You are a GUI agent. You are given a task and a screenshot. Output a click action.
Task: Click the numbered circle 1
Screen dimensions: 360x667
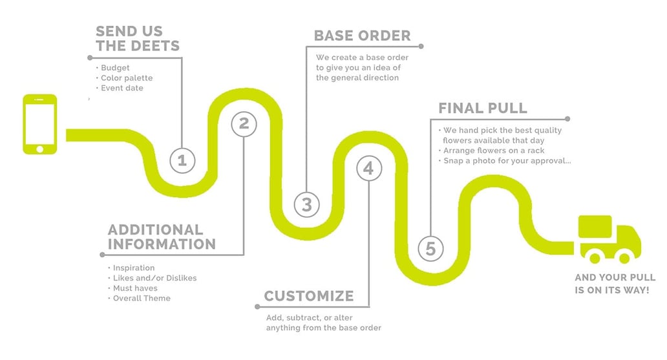click(182, 160)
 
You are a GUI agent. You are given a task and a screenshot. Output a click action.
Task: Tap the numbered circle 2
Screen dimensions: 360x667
click(244, 123)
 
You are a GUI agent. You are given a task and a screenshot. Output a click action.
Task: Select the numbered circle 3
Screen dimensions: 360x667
click(307, 205)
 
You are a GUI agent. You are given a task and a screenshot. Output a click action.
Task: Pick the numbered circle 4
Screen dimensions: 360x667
click(368, 169)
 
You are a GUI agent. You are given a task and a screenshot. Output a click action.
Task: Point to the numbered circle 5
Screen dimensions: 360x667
click(430, 248)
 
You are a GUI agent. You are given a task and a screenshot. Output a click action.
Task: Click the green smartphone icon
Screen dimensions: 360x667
click(39, 124)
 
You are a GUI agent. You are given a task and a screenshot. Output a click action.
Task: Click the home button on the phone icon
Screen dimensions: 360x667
click(39, 149)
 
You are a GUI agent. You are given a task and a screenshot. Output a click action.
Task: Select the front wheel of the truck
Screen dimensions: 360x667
click(624, 257)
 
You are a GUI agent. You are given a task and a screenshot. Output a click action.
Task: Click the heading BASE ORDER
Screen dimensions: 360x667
click(362, 36)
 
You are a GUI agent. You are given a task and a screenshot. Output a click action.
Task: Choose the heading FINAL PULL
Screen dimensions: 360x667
click(482, 108)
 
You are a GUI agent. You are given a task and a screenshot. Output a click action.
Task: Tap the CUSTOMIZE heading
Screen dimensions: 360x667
click(309, 297)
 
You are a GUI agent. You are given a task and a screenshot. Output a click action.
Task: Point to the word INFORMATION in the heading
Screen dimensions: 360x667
click(162, 244)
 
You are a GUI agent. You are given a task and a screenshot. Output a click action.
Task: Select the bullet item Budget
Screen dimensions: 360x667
click(115, 67)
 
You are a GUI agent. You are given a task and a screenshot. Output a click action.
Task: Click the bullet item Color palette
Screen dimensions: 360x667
click(127, 78)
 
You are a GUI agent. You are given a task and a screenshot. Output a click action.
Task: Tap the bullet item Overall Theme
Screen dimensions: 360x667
click(142, 298)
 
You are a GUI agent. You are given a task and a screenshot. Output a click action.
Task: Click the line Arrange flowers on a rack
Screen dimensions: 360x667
click(494, 151)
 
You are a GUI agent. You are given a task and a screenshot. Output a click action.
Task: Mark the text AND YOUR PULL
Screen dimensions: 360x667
click(615, 277)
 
